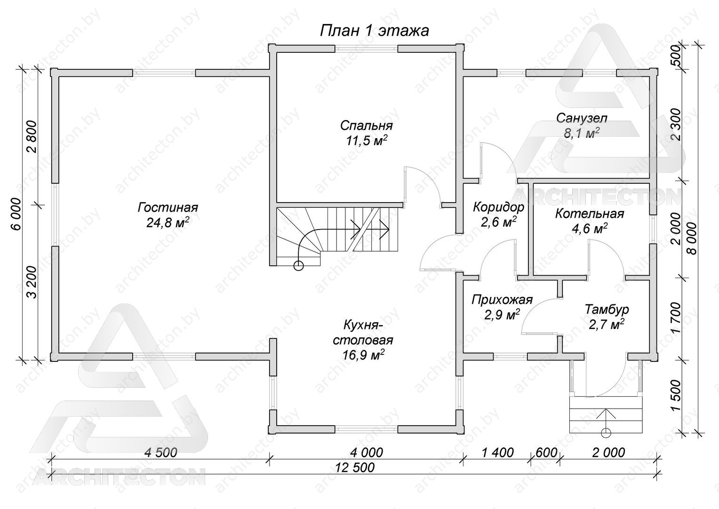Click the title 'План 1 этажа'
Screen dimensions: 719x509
tap(374, 31)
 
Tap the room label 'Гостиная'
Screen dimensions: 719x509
tap(168, 208)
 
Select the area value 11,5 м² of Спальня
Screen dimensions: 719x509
tap(367, 140)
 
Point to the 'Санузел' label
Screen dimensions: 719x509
tap(582, 118)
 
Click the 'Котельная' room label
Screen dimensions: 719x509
tap(590, 214)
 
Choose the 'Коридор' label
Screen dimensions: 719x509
tap(498, 207)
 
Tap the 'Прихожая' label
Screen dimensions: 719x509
tap(502, 300)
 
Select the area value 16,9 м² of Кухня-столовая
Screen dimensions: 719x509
tap(364, 355)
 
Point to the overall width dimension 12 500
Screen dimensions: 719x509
tap(355, 467)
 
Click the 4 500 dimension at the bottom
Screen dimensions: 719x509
tap(160, 453)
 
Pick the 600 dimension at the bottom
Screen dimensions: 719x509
tap(547, 453)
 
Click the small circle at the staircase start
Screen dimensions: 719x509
tap(298, 266)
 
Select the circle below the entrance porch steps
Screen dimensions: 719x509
tap(606, 433)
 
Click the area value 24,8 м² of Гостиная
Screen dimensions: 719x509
tap(168, 222)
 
